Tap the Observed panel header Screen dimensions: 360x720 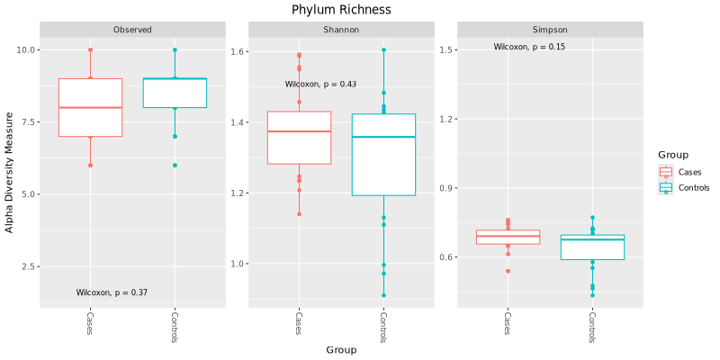(132, 30)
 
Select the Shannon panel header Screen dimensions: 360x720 (341, 30)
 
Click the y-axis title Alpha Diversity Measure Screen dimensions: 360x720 (10, 172)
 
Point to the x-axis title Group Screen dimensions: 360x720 (341, 350)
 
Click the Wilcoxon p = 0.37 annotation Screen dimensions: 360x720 (112, 292)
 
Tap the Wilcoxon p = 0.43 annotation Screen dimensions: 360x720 (320, 85)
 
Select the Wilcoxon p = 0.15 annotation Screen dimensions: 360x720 (529, 47)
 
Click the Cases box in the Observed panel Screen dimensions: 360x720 (90, 108)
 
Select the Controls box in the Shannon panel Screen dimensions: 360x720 (383, 155)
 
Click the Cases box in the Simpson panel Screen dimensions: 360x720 (508, 237)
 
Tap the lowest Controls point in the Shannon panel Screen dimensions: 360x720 (383, 295)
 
